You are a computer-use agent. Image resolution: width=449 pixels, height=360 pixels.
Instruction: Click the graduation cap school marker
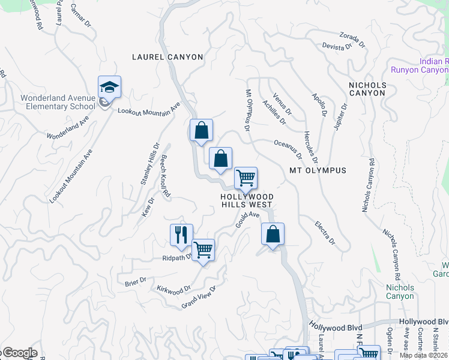[110, 88]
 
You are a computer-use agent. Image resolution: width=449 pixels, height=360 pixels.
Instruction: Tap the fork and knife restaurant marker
[181, 235]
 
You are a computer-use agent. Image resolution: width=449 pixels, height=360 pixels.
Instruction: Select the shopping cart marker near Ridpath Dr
[203, 250]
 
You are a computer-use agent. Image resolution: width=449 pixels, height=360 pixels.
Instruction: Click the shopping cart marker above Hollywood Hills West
[246, 178]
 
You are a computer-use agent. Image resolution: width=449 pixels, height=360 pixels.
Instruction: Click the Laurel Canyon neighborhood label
[167, 57]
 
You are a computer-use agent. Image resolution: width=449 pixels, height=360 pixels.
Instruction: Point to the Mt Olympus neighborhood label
[318, 170]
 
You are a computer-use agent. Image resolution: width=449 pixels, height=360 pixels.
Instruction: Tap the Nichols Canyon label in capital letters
[367, 89]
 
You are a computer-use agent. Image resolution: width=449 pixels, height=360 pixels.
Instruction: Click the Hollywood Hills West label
[247, 200]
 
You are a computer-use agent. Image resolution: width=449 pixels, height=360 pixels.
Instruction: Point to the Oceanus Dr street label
[288, 149]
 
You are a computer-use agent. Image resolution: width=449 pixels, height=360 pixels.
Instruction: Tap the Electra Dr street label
[325, 232]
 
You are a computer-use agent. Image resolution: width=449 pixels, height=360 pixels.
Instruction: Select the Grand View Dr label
[198, 298]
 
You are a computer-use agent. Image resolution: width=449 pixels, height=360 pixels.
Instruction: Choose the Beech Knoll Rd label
[165, 176]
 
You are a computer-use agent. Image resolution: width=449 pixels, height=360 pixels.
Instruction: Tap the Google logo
[19, 353]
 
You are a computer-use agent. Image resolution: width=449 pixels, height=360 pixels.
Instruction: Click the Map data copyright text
[424, 355]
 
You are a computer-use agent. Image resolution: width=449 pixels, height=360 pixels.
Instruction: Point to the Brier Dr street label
[136, 281]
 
